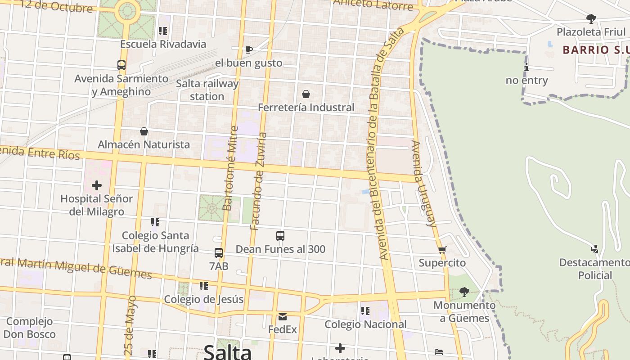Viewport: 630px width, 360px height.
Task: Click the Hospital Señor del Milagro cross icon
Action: [x=97, y=185]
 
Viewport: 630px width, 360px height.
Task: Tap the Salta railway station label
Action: [x=207, y=90]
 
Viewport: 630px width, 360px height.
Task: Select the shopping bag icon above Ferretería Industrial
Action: [x=306, y=94]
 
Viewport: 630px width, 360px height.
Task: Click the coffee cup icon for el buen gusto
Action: [x=248, y=49]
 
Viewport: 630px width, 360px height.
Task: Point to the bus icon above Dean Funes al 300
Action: [x=280, y=235]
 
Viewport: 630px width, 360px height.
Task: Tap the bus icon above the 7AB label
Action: [x=219, y=253]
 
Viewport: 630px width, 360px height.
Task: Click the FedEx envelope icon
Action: [x=283, y=317]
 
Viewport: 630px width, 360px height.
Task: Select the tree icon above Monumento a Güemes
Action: [x=464, y=292]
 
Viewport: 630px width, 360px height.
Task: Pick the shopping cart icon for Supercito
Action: [x=442, y=250]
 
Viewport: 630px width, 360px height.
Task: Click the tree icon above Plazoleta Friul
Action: [x=591, y=19]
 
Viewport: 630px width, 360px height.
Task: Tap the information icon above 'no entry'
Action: [x=526, y=67]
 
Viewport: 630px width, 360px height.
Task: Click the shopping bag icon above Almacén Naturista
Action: [x=144, y=131]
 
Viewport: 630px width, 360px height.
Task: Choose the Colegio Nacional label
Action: [x=365, y=324]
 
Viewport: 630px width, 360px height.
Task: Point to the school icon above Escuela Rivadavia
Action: [x=163, y=31]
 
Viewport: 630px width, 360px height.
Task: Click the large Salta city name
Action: [x=227, y=351]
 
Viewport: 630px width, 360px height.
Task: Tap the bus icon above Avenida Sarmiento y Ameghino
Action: [x=121, y=65]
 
